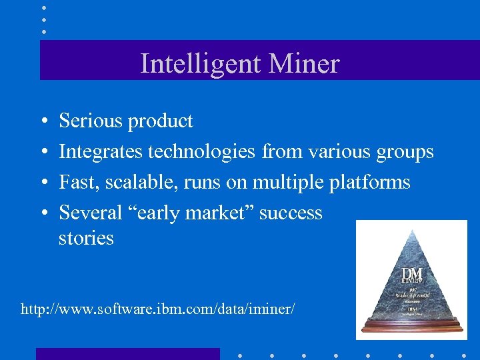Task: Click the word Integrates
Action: (x=101, y=153)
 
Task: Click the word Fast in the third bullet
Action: (x=75, y=182)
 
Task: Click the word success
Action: (x=291, y=213)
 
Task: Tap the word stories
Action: (x=86, y=238)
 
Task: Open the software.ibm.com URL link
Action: (x=157, y=309)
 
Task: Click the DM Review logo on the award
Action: (x=411, y=275)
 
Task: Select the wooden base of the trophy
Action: (x=411, y=327)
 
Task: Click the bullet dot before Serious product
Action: (x=43, y=121)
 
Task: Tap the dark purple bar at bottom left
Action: (x=127, y=354)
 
